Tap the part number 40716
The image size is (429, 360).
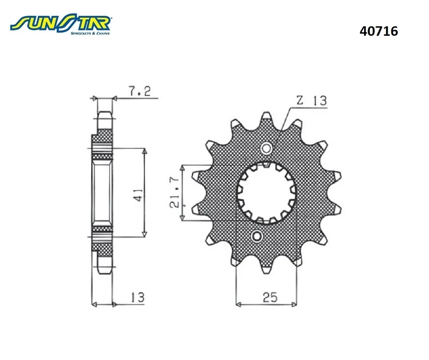point(379,31)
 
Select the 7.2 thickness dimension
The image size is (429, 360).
point(140,91)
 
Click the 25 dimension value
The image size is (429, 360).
point(270,297)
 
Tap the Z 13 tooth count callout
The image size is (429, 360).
point(311,101)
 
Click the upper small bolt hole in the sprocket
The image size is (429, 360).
point(267,148)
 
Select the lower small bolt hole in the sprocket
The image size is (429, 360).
point(256,236)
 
